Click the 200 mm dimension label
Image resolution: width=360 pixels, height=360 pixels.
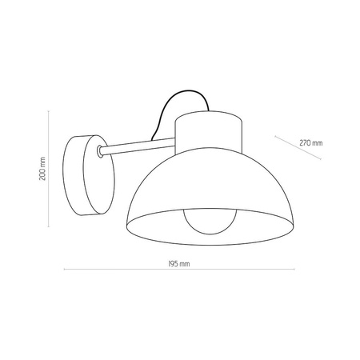42,169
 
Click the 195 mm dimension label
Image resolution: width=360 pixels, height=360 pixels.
179,264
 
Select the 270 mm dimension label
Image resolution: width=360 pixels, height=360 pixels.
311,143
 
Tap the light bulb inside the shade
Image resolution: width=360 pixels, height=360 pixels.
210,222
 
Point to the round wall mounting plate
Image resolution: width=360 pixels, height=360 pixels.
89,175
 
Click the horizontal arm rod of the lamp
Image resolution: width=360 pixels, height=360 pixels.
138,146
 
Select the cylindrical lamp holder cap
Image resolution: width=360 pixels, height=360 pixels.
209,133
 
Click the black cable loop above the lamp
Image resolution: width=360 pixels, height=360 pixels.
179,106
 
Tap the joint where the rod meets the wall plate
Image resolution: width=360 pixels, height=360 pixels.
100,151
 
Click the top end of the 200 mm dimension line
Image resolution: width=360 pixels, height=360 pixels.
48,110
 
